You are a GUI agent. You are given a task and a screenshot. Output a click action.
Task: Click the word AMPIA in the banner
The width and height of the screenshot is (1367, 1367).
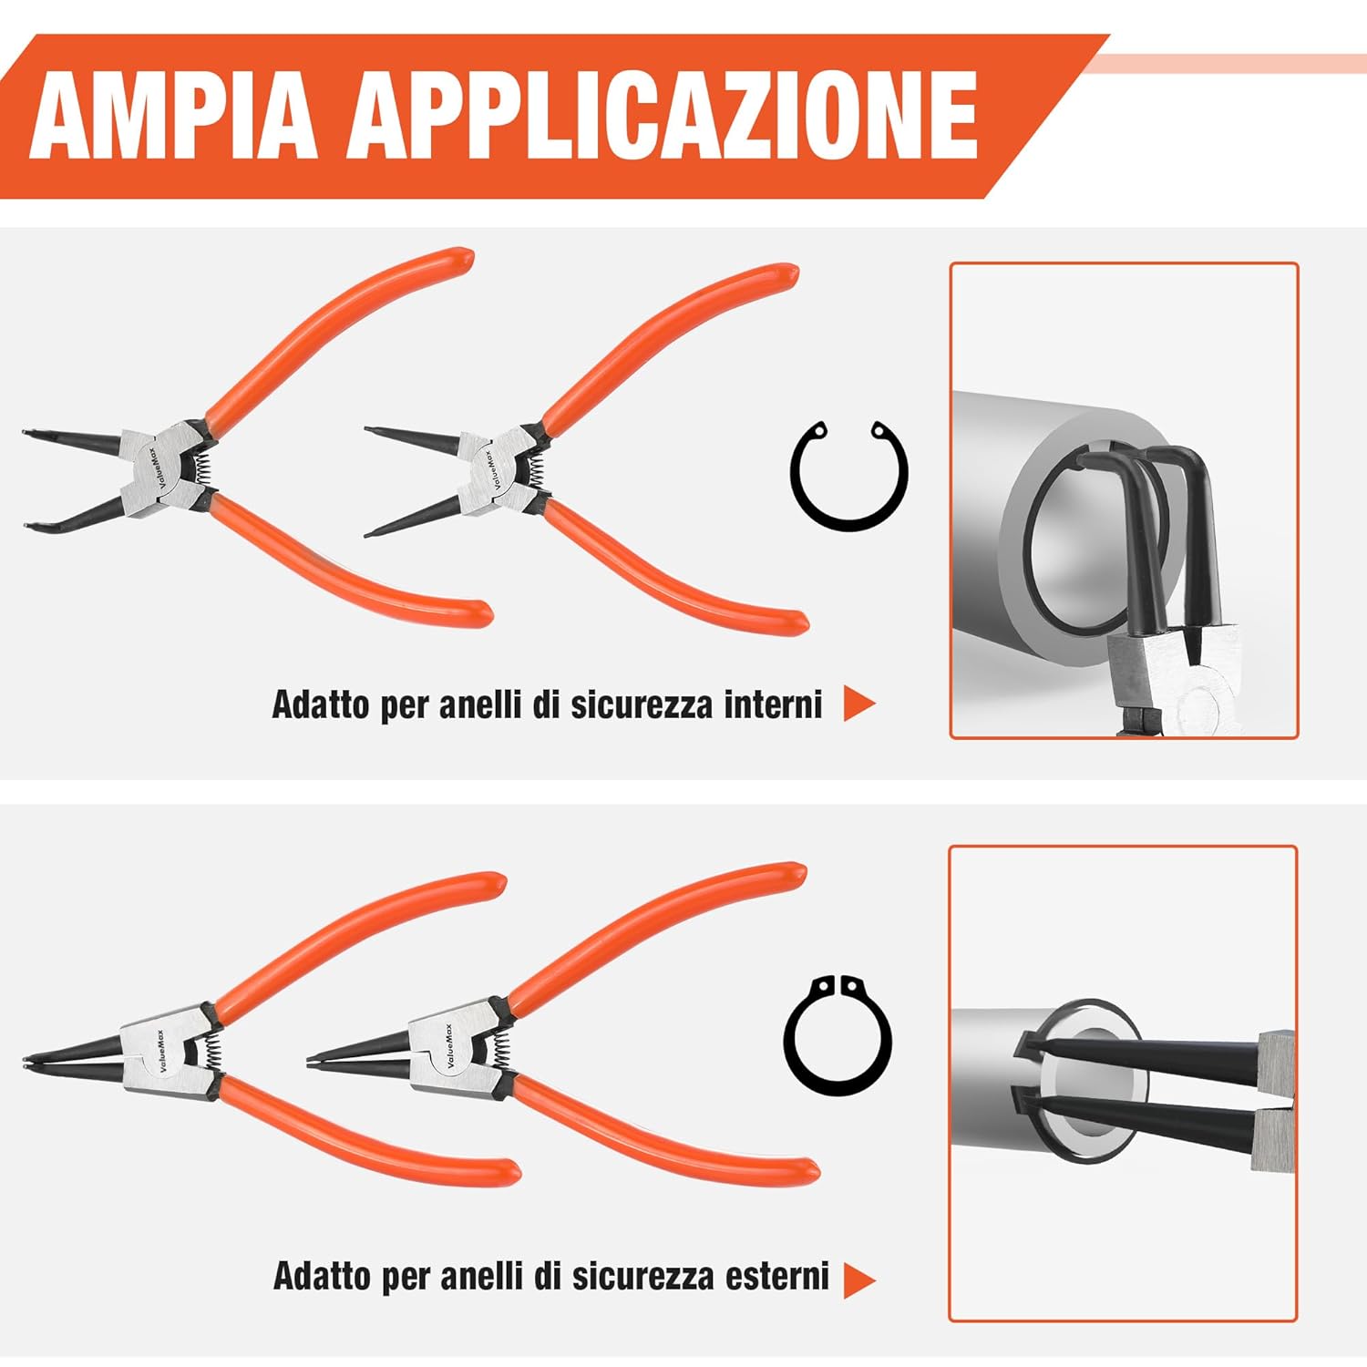pyautogui.click(x=173, y=117)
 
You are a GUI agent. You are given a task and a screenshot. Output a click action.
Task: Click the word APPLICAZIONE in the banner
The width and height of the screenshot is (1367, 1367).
pyautogui.click(x=661, y=117)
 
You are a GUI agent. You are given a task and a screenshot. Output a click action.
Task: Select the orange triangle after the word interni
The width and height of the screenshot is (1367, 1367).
pyautogui.click(x=858, y=704)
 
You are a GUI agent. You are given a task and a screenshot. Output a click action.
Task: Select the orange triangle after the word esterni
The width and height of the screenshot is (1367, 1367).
pyautogui.click(x=858, y=1280)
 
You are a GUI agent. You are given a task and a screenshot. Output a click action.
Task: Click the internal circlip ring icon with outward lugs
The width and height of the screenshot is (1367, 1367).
pyautogui.click(x=848, y=475)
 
